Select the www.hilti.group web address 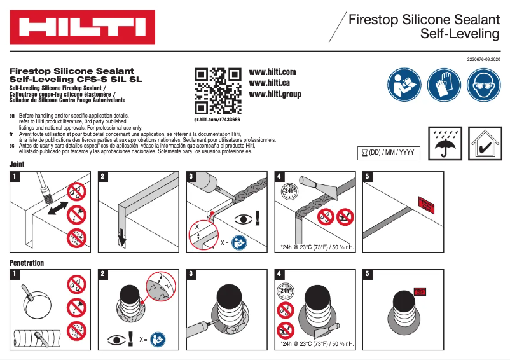275,95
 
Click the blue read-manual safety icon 404,84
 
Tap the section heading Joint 17,165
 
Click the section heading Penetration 27,263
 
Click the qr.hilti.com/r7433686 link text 217,120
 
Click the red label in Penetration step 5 421,291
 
